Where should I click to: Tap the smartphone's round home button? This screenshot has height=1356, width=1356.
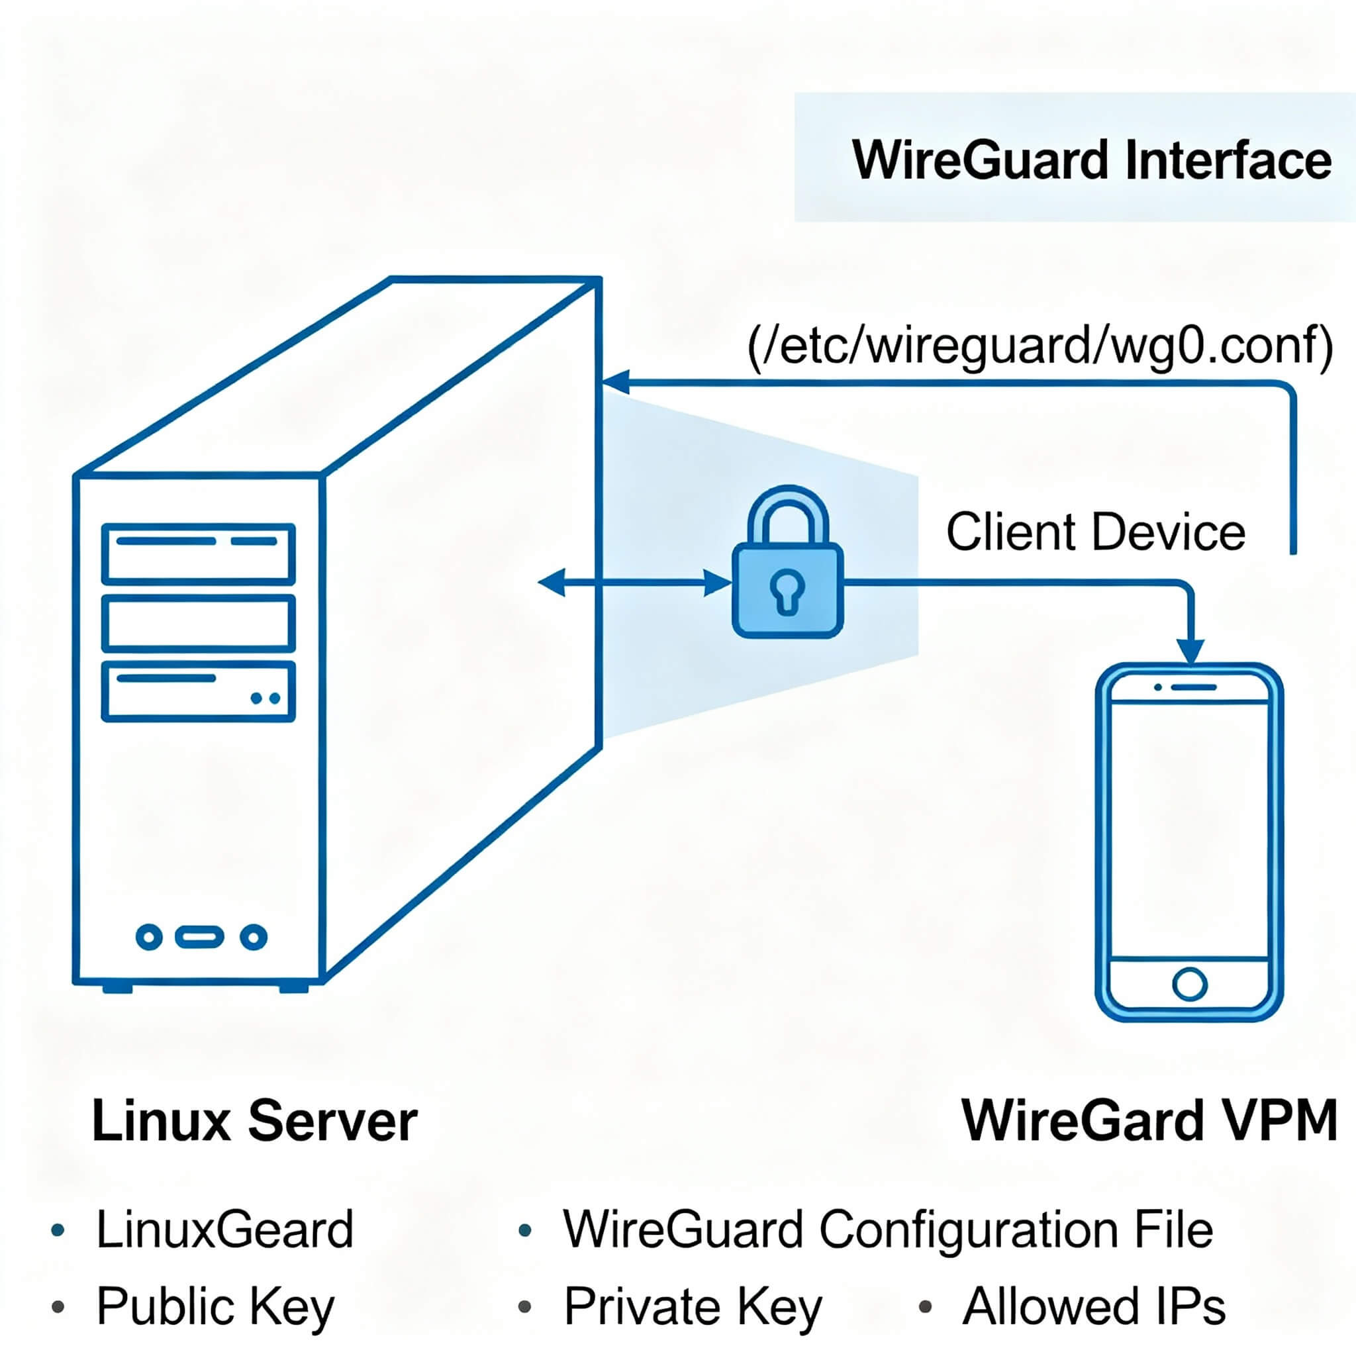pyautogui.click(x=1189, y=983)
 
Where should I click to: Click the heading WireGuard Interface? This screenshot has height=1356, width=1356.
pyautogui.click(x=1090, y=160)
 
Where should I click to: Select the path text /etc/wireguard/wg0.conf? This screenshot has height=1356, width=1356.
pyautogui.click(x=1040, y=346)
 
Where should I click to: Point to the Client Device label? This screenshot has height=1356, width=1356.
pyautogui.click(x=1095, y=532)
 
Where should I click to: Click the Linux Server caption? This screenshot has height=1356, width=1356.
pyautogui.click(x=254, y=1121)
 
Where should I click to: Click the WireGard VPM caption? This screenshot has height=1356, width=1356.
pyautogui.click(x=1149, y=1121)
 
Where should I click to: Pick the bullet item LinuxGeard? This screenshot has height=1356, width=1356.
pyautogui.click(x=224, y=1230)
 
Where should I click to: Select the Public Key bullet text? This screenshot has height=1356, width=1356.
pyautogui.click(x=215, y=1306)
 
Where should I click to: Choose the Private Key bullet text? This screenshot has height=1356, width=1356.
pyautogui.click(x=692, y=1306)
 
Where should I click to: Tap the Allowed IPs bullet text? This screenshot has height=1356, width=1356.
pyautogui.click(x=1094, y=1306)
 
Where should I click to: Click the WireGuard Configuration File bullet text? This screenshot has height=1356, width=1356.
pyautogui.click(x=888, y=1230)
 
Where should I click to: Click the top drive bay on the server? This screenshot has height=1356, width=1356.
pyautogui.click(x=199, y=554)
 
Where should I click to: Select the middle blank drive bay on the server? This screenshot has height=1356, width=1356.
pyautogui.click(x=199, y=623)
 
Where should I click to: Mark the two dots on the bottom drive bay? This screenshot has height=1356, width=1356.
pyautogui.click(x=266, y=699)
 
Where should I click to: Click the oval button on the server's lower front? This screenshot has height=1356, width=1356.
pyautogui.click(x=199, y=936)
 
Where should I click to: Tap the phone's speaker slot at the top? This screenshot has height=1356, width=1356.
pyautogui.click(x=1194, y=687)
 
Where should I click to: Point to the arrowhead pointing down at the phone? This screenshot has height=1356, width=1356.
pyautogui.click(x=1190, y=652)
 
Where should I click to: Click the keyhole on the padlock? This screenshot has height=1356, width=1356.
pyautogui.click(x=787, y=590)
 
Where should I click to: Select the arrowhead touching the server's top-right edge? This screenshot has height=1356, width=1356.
pyautogui.click(x=616, y=383)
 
